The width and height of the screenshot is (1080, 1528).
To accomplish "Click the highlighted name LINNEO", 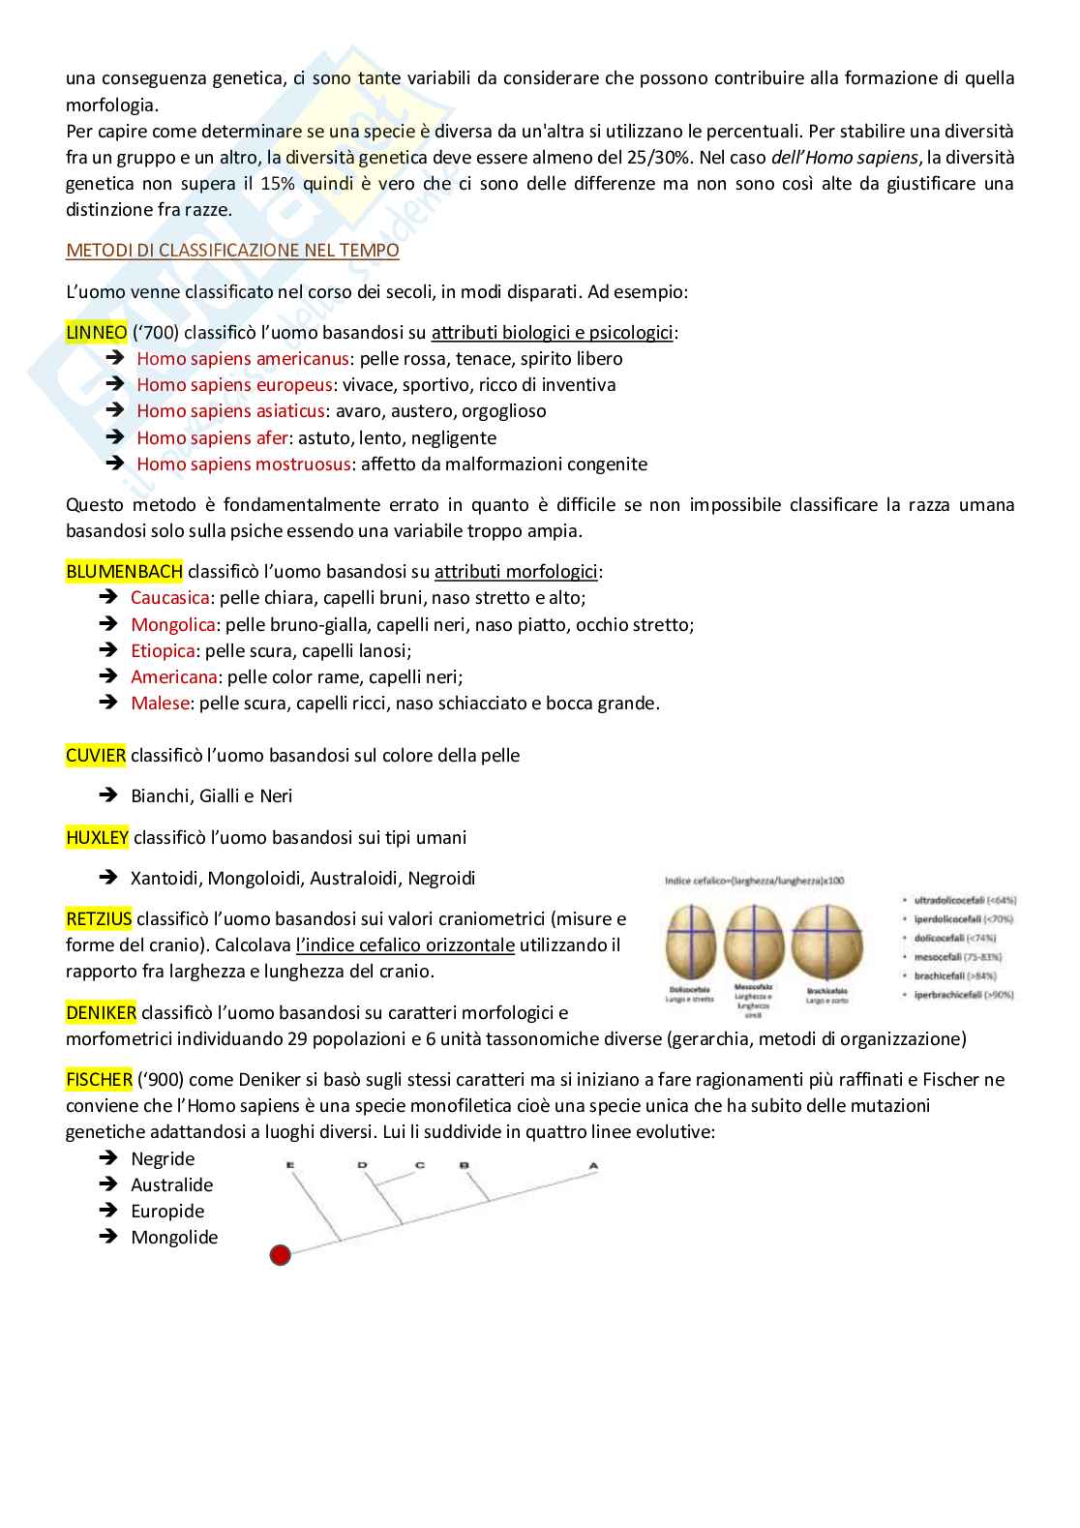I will pos(96,333).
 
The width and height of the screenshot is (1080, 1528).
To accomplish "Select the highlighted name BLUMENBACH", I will pos(124,572).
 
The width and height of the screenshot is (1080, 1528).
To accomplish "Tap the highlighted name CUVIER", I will pos(95,756).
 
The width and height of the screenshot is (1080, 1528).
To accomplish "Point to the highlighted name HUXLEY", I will pos(97,838).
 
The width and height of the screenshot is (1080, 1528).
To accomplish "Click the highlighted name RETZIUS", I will pos(99,919).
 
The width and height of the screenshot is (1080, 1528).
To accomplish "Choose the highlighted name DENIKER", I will pos(101,1013).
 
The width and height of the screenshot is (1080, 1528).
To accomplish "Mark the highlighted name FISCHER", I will pos(99,1080).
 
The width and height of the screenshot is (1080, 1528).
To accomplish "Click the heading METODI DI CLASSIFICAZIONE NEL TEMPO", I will pos(232,251).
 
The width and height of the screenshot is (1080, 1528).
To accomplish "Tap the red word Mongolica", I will pos(172,625).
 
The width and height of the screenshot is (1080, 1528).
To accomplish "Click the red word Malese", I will pos(160,704).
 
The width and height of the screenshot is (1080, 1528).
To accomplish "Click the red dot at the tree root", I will pos(280,1255).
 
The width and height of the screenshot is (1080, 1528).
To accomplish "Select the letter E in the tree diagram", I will pos(289,1166).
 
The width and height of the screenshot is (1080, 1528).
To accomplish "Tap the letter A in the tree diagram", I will pos(593,1166).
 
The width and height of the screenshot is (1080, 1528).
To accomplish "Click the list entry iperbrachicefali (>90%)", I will pos(963,995).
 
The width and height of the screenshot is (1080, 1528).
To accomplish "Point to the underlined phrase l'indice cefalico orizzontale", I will pos(405,945).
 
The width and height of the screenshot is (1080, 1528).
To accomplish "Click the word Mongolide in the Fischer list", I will pos(174,1238).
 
